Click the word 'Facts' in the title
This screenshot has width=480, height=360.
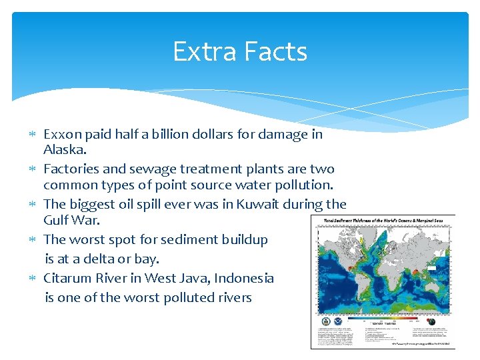(274, 51)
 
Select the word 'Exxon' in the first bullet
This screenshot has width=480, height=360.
(62, 134)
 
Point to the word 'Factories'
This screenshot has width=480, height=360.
(70, 169)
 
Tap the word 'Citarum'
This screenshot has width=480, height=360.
(68, 278)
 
